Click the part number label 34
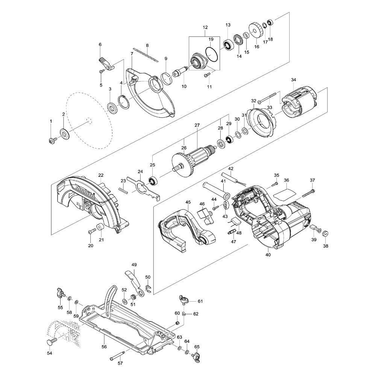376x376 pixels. (294, 80)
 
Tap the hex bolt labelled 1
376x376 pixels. (51, 141)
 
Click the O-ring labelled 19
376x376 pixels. (212, 55)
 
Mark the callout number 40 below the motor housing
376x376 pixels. (268, 255)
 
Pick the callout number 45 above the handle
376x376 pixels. (188, 202)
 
